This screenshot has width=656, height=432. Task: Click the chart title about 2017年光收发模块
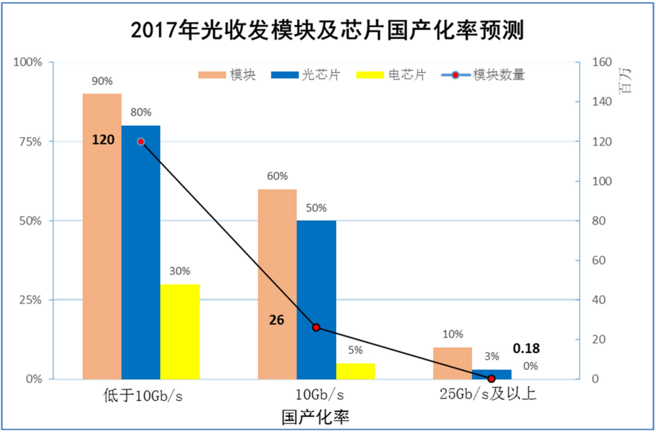click(x=328, y=31)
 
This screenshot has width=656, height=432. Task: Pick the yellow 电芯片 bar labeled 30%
click(x=180, y=331)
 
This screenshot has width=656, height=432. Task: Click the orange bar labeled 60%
click(x=276, y=283)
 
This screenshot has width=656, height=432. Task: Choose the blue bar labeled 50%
click(x=316, y=299)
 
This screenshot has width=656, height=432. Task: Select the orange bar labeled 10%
click(x=452, y=363)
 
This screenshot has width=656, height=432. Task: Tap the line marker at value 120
click(x=141, y=141)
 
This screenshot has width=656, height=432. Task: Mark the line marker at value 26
click(x=316, y=328)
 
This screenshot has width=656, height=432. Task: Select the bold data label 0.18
click(x=526, y=349)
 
